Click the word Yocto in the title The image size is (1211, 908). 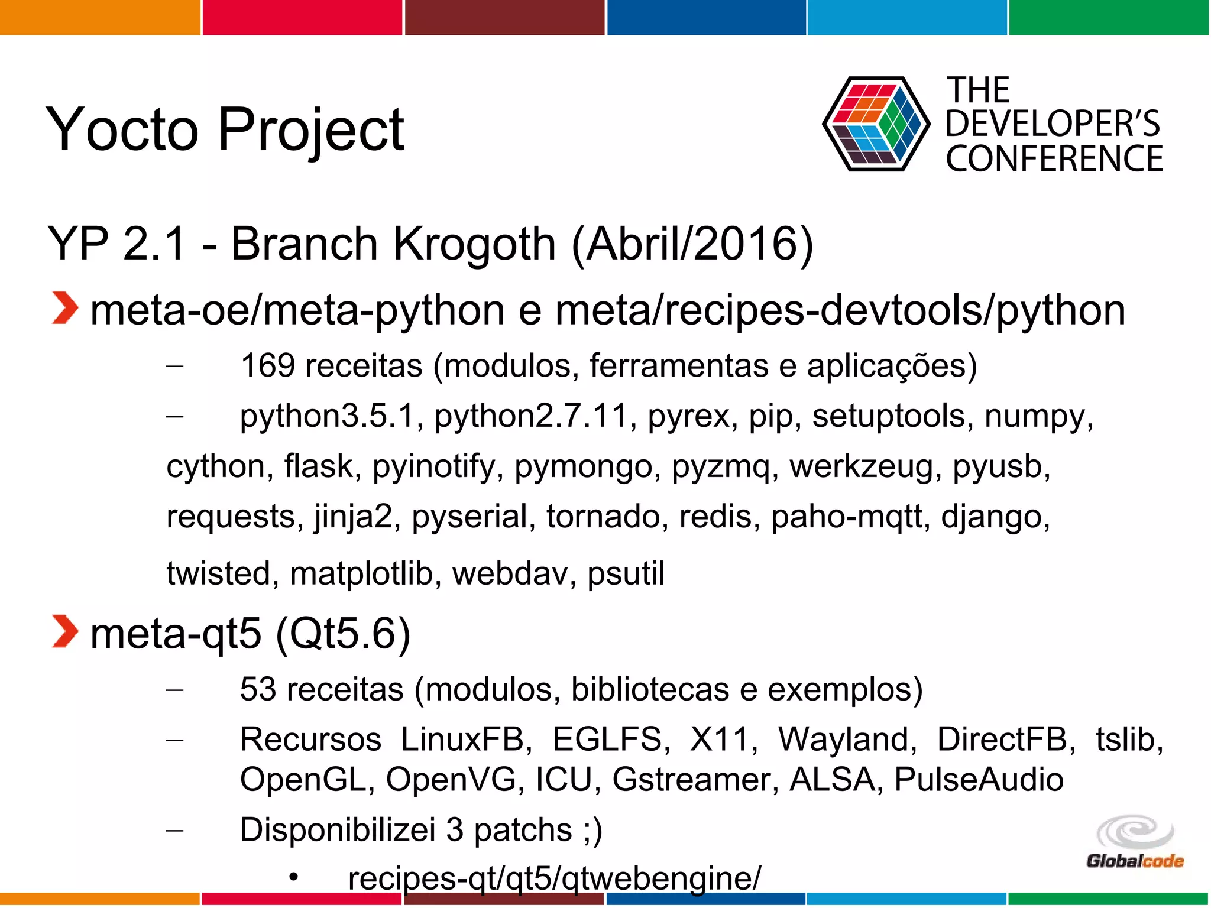click(x=122, y=129)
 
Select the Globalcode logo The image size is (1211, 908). click(x=1134, y=842)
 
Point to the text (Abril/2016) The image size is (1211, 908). click(x=692, y=244)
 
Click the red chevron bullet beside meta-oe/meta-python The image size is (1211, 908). click(x=64, y=308)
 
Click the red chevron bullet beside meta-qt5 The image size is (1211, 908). click(x=64, y=632)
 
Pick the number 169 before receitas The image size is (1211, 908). click(x=267, y=365)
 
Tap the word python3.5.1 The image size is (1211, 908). click(x=331, y=416)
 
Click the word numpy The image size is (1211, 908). click(x=1038, y=416)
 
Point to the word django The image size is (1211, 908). click(x=995, y=517)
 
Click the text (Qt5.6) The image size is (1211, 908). click(x=343, y=633)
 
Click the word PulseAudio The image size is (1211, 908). click(x=979, y=779)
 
